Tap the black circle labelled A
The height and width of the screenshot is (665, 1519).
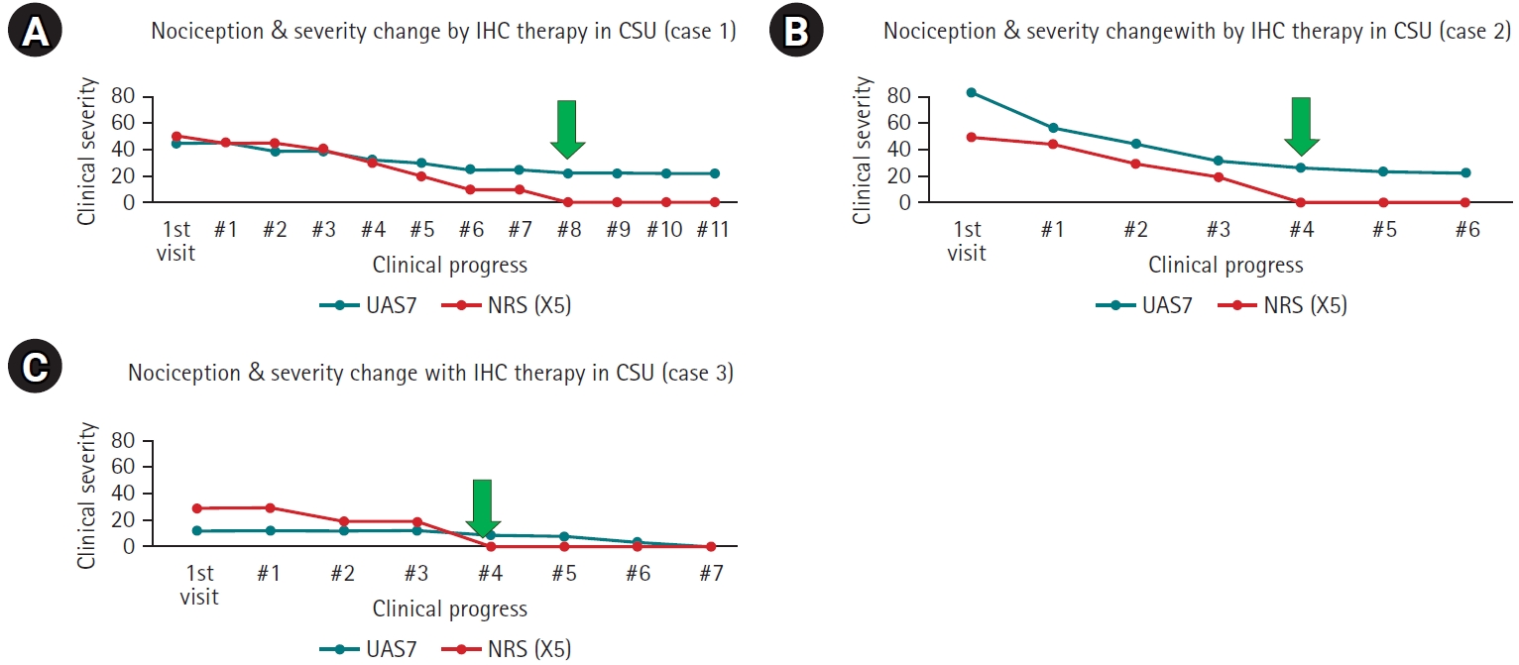pyautogui.click(x=35, y=35)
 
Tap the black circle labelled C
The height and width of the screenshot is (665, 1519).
pyautogui.click(x=35, y=368)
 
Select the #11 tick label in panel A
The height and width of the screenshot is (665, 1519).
pyautogui.click(x=712, y=230)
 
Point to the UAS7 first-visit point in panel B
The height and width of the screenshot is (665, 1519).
pyautogui.click(x=972, y=92)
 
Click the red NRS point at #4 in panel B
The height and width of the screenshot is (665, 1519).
pyautogui.click(x=1301, y=202)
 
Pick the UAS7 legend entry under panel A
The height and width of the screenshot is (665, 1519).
pyautogui.click(x=368, y=306)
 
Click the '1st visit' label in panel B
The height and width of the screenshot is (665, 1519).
pyautogui.click(x=967, y=241)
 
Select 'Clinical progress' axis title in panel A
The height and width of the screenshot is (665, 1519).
pyautogui.click(x=449, y=266)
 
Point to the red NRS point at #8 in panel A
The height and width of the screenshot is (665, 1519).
pyautogui.click(x=566, y=202)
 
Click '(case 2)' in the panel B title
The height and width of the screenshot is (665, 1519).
pyautogui.click(x=1472, y=32)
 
